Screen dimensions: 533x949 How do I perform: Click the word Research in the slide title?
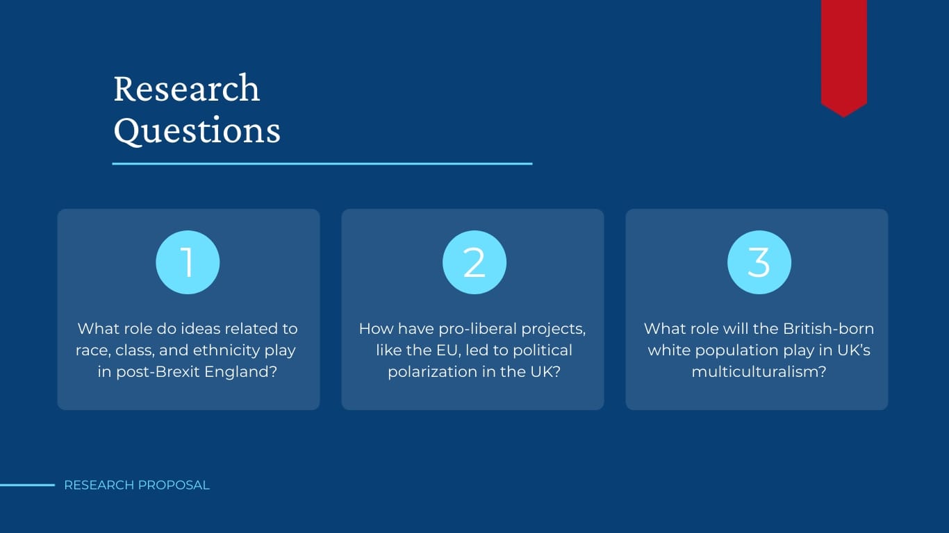point(186,89)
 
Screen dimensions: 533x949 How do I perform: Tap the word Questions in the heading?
point(197,130)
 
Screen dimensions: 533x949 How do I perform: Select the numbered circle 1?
point(188,262)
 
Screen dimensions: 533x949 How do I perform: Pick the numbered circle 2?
point(474,262)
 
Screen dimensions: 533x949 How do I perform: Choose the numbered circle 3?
point(759,262)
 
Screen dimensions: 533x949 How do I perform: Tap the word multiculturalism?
point(759,372)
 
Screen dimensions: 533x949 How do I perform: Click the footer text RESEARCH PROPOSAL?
point(137,485)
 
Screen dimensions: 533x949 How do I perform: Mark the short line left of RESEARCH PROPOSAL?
point(27,485)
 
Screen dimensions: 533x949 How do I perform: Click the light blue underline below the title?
point(322,164)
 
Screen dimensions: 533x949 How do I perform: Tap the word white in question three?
point(667,350)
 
